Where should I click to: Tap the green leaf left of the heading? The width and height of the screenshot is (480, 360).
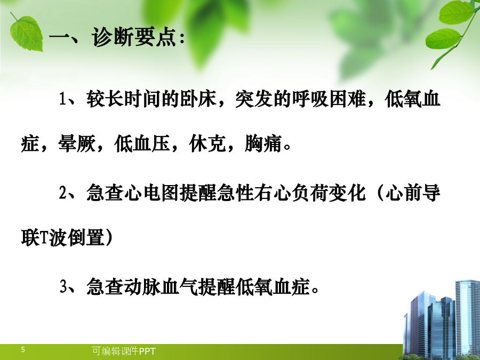click(x=26, y=33)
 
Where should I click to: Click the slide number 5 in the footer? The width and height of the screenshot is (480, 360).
click(x=23, y=349)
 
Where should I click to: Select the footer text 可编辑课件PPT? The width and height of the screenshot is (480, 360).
click(x=124, y=351)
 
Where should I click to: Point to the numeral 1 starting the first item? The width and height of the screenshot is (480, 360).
click(x=63, y=99)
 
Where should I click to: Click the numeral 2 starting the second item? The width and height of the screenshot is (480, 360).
click(x=63, y=193)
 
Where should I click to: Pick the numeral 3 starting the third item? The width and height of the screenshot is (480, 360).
click(x=63, y=286)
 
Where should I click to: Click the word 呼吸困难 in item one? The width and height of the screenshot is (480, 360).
click(x=329, y=99)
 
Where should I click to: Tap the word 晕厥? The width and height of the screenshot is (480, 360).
click(x=77, y=143)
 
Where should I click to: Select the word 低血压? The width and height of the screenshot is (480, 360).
click(x=142, y=143)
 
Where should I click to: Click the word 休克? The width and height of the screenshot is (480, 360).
click(x=207, y=143)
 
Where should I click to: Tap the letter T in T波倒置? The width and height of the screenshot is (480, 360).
click(x=44, y=238)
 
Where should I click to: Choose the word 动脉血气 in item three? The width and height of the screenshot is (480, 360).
click(x=161, y=286)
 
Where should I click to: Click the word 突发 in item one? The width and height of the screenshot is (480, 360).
click(x=254, y=99)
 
